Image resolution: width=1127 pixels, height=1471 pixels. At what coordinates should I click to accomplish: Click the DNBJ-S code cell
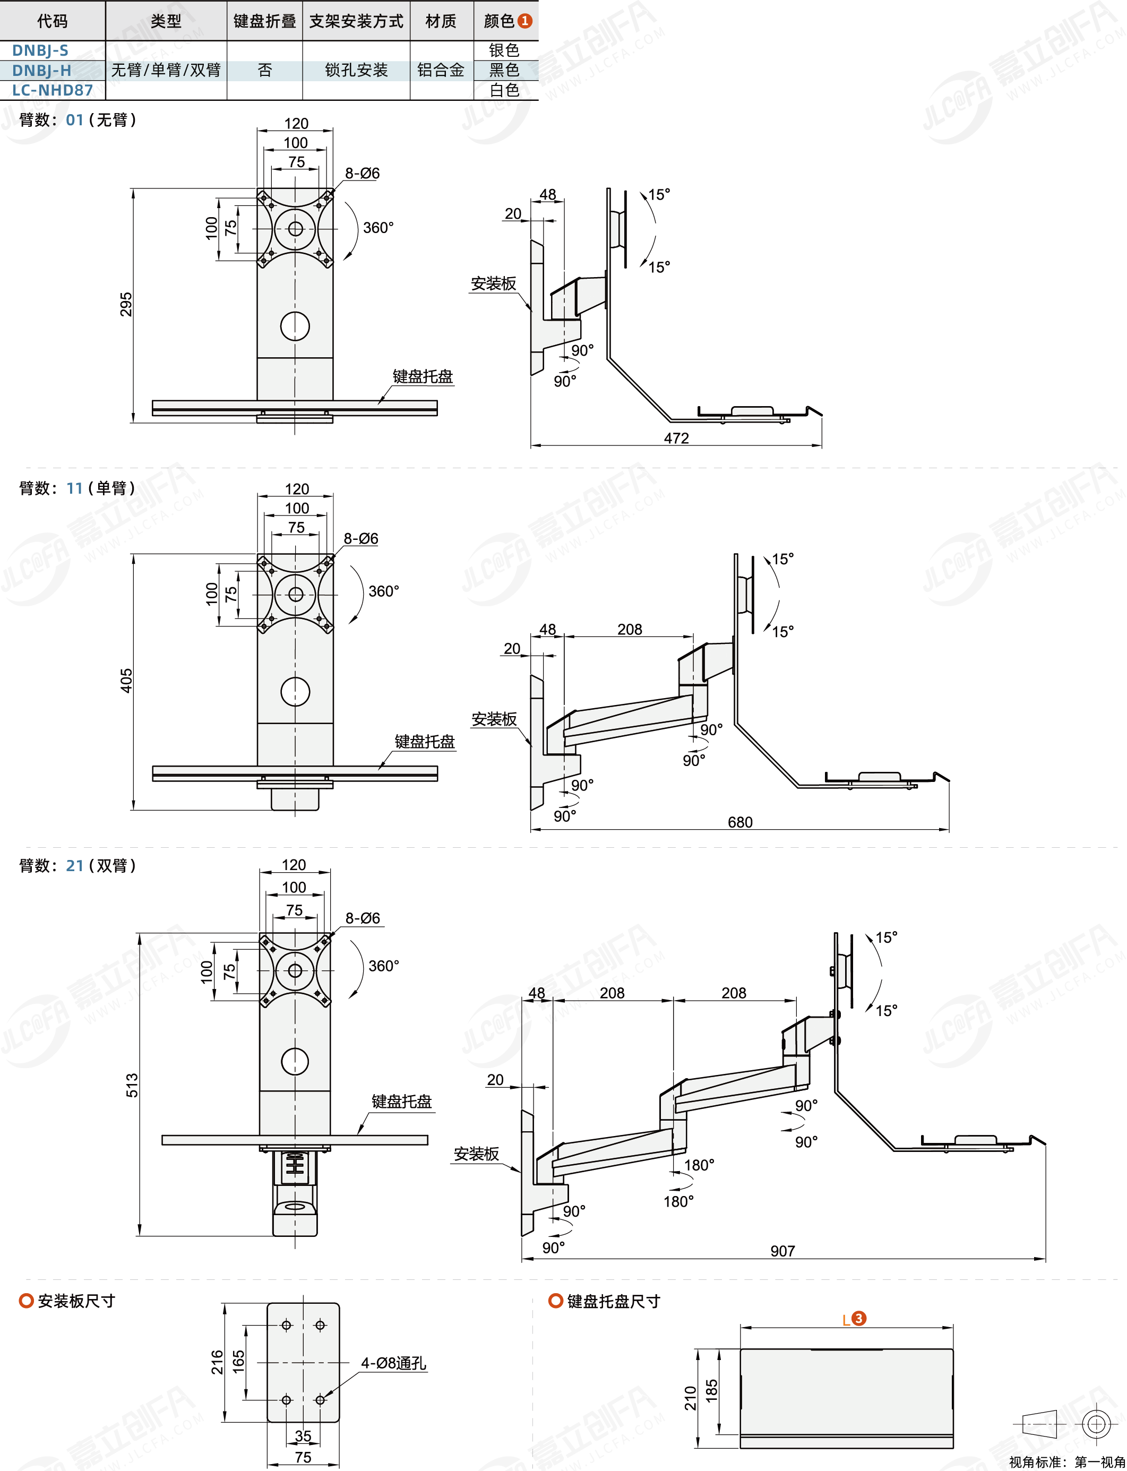[40, 50]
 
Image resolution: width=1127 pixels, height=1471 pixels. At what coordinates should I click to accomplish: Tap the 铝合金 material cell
[441, 70]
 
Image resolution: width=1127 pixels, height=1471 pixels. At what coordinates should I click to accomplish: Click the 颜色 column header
[507, 21]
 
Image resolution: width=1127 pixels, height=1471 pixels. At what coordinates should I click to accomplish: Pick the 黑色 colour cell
[504, 70]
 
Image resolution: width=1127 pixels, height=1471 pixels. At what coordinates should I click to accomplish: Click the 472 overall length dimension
[676, 438]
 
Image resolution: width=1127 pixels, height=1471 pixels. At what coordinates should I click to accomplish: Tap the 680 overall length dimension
[740, 822]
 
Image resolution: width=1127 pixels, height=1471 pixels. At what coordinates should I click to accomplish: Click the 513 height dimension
[132, 1085]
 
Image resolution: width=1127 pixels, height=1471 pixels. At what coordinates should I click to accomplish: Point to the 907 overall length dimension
[783, 1250]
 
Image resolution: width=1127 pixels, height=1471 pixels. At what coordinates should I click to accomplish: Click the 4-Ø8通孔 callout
[394, 1363]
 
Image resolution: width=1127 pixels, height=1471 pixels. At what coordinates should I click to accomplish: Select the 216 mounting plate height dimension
[217, 1362]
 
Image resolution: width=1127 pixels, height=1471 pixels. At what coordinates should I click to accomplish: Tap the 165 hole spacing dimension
[239, 1362]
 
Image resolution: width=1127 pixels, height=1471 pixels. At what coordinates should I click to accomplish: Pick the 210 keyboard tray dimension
[690, 1398]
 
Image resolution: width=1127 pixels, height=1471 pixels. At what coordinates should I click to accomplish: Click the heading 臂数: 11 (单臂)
[77, 488]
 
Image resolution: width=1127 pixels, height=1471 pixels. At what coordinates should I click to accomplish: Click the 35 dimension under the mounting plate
[303, 1435]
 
